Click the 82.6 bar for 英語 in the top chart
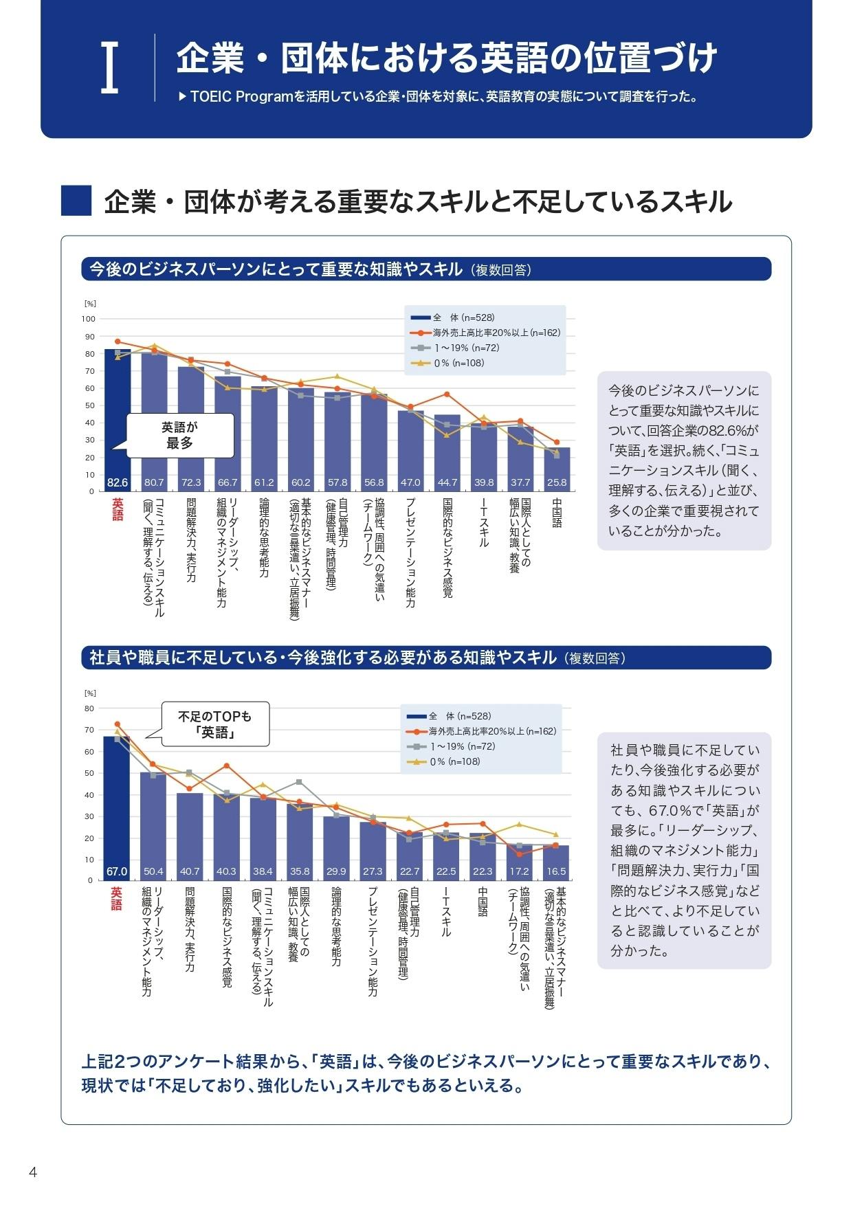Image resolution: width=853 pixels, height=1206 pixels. pos(117,419)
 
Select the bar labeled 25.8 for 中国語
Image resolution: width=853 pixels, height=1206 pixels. pos(557,469)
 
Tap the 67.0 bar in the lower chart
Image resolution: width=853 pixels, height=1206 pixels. pos(117,807)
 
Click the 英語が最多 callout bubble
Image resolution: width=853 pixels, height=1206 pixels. pos(180,435)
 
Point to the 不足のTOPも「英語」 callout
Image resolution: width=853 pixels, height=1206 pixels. pos(214,724)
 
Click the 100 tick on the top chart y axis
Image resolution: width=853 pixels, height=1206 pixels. pos(89,319)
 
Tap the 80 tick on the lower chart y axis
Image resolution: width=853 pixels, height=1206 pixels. pos(89,708)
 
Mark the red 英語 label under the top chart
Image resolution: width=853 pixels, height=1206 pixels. pos(118,509)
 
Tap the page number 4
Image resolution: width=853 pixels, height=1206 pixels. pos(32,1172)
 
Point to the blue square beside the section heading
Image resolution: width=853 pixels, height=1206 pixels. pos(76,201)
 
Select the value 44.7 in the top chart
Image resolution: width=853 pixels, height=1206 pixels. pos(447,483)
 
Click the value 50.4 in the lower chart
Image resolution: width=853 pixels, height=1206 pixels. pos(153,871)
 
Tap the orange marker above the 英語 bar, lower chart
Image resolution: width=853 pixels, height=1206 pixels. pos(118,724)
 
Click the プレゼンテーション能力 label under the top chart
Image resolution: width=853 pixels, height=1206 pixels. pos(410,552)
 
